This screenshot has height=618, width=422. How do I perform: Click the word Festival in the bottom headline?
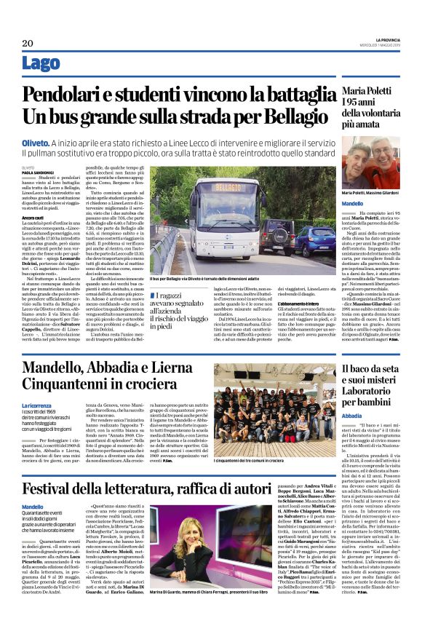55,467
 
